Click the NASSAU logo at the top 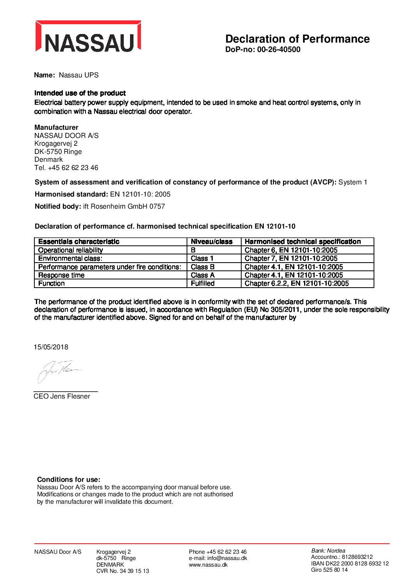tap(88, 37)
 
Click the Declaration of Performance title tap(297, 39)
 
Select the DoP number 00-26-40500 tap(279, 50)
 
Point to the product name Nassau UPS tap(78, 75)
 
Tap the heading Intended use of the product tap(80, 93)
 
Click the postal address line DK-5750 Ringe tap(58, 152)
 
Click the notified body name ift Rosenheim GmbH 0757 tap(124, 206)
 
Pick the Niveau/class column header tap(212, 242)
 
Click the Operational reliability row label tap(71, 250)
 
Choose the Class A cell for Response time tap(203, 275)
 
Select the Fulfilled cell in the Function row tap(203, 283)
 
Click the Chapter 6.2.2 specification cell tap(297, 283)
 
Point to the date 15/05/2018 tap(51, 347)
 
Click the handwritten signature tap(59, 370)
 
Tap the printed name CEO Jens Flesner tap(62, 396)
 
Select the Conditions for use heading tap(69, 479)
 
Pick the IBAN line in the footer tap(350, 564)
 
